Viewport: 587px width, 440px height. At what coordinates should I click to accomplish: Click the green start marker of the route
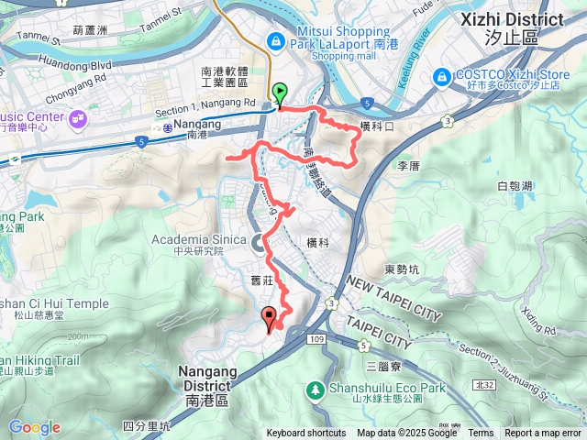point(279,93)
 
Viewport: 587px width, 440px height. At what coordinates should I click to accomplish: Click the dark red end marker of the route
point(269,319)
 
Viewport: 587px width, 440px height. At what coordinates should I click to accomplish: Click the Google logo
point(34,427)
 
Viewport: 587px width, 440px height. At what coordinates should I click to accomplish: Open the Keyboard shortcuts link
point(306,434)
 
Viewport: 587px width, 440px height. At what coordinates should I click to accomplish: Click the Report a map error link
point(543,434)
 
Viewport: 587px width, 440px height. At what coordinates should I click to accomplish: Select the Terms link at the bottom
point(481,434)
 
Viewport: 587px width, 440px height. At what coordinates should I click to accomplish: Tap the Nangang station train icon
point(168,128)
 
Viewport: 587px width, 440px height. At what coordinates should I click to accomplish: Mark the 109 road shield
point(316,340)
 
